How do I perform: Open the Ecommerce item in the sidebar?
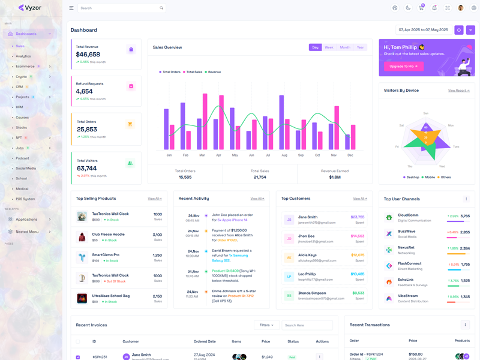tap(25, 67)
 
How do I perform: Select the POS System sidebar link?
tap(25, 199)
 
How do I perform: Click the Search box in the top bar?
tap(120, 8)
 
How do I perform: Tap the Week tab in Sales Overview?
tap(329, 47)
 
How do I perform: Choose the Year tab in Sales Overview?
tap(360, 47)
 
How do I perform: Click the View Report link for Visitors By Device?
tap(458, 91)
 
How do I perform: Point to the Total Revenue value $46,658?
tap(88, 55)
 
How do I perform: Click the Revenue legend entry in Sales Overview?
tap(214, 72)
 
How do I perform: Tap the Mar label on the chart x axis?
tap(202, 155)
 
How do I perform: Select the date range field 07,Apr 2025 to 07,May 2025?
tap(423, 30)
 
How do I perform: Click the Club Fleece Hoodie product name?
tap(108, 234)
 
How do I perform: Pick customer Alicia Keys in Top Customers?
tap(307, 255)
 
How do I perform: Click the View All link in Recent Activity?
tap(257, 199)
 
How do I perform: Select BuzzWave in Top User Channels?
tap(406, 231)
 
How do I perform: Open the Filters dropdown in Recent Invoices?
tap(266, 325)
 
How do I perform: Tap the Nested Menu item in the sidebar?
tap(27, 232)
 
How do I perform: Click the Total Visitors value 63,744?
tap(87, 169)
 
